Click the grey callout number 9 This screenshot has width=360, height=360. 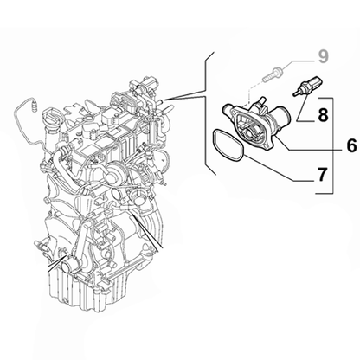coord(324,58)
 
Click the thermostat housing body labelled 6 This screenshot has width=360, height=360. coord(255,125)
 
